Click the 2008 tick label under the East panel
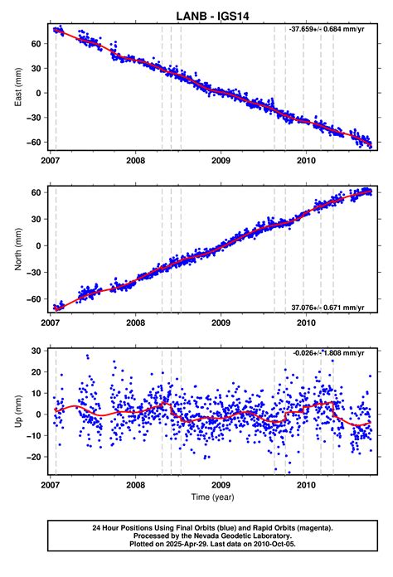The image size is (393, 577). click(x=136, y=162)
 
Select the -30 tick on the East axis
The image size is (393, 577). click(x=34, y=117)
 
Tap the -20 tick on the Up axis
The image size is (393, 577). click(x=34, y=457)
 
